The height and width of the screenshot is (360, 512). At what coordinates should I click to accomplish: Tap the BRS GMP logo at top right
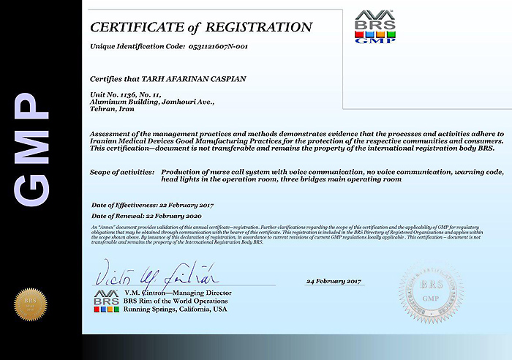pyautogui.click(x=375, y=27)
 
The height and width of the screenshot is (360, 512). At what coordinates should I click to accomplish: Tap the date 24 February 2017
pyautogui.click(x=334, y=280)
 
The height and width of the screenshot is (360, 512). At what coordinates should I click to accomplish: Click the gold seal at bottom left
pyautogui.click(x=30, y=304)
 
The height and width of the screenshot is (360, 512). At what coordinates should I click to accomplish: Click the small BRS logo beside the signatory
pyautogui.click(x=106, y=301)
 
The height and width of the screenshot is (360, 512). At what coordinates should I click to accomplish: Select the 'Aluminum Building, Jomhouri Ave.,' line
pyautogui.click(x=152, y=101)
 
